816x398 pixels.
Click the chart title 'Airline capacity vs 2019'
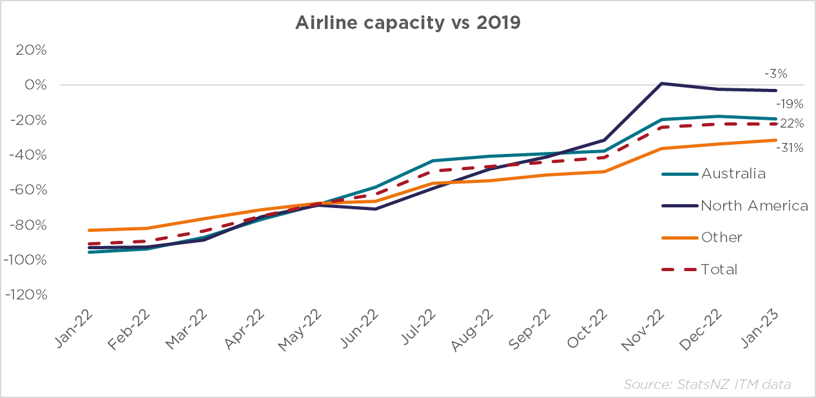[x=407, y=23]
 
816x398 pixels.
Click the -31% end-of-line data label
[x=790, y=147]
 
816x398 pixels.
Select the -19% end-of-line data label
[x=790, y=103]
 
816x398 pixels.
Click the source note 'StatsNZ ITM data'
[x=707, y=384]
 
